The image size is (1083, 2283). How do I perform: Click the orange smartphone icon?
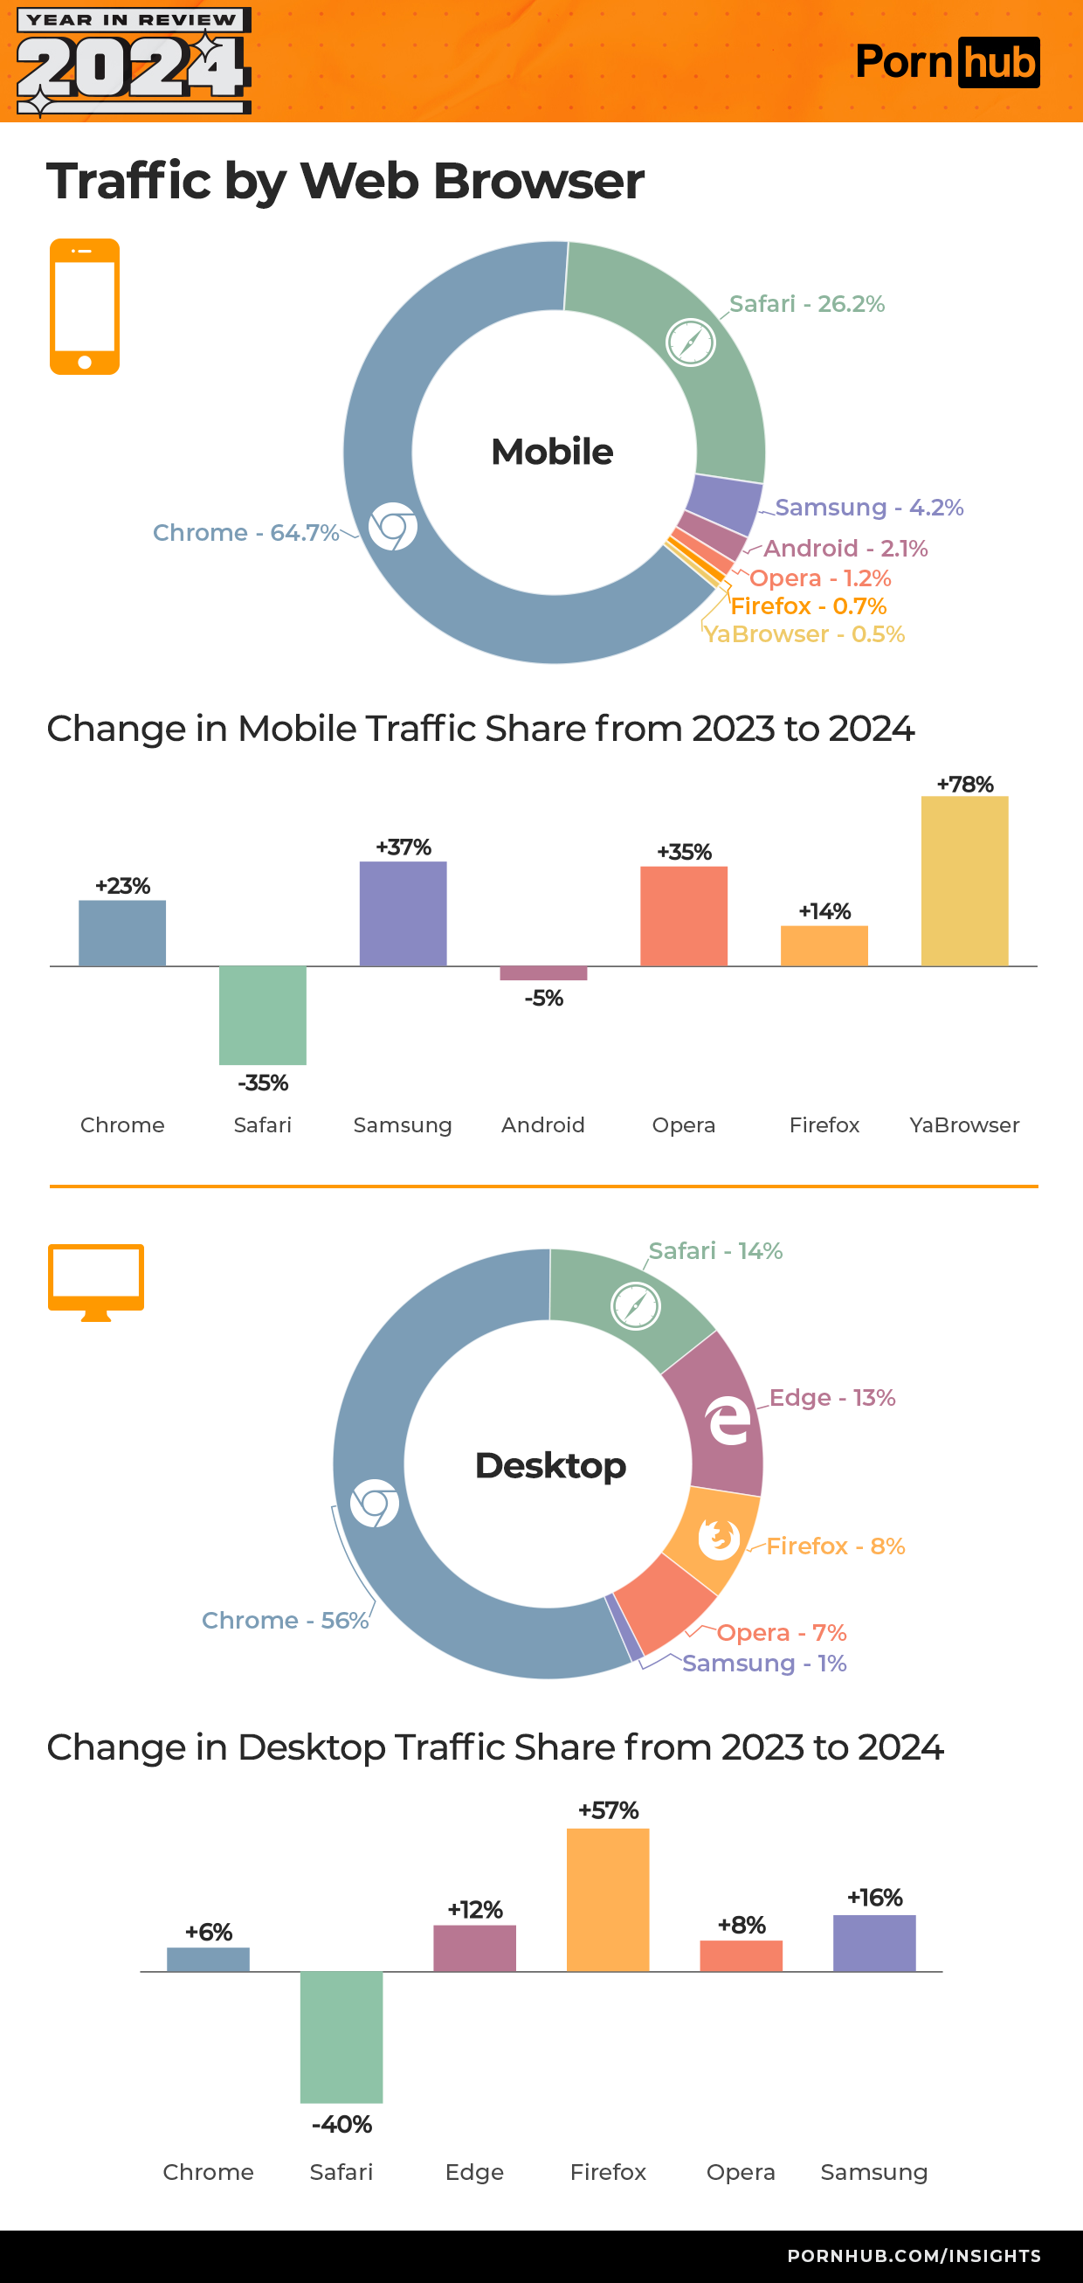pyautogui.click(x=84, y=307)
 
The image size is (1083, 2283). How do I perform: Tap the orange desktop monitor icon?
pyautogui.click(x=96, y=1281)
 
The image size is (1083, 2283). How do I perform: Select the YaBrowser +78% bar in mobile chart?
pyautogui.click(x=964, y=881)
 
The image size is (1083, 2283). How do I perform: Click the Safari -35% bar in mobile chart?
pyautogui.click(x=262, y=1014)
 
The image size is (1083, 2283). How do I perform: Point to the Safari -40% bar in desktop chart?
pyautogui.click(x=341, y=2036)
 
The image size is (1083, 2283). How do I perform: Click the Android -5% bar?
pyautogui.click(x=543, y=973)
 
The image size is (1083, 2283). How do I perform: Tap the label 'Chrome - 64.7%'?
pyautogui.click(x=245, y=533)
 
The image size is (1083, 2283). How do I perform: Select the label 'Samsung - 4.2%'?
pyautogui.click(x=868, y=507)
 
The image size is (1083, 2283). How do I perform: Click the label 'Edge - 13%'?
pyautogui.click(x=831, y=1398)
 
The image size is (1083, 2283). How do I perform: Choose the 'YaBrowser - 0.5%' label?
pyautogui.click(x=804, y=634)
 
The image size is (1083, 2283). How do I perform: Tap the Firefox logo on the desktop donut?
pyautogui.click(x=719, y=1538)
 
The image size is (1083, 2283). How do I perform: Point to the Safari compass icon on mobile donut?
pyautogui.click(x=690, y=342)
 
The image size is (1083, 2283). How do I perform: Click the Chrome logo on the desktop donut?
pyautogui.click(x=374, y=1503)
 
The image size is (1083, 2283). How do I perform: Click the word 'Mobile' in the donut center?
pyautogui.click(x=552, y=452)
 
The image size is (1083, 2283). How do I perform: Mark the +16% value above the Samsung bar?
pyautogui.click(x=874, y=1898)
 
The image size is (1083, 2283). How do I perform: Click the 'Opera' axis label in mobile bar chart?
pyautogui.click(x=683, y=1124)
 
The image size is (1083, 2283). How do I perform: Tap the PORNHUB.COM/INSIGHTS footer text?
pyautogui.click(x=914, y=2256)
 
